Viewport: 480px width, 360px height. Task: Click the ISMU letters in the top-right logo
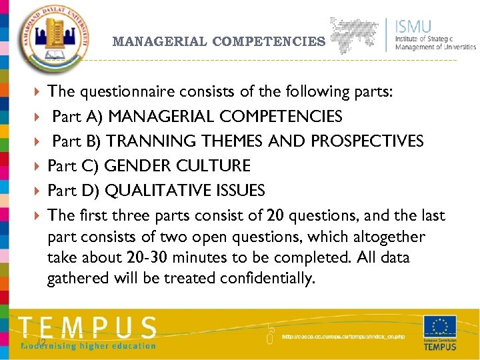[413, 27]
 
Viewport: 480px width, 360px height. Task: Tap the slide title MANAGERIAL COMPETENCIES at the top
[219, 41]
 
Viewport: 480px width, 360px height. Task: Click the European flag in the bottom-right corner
[439, 327]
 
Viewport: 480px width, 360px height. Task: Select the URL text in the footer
[343, 337]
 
